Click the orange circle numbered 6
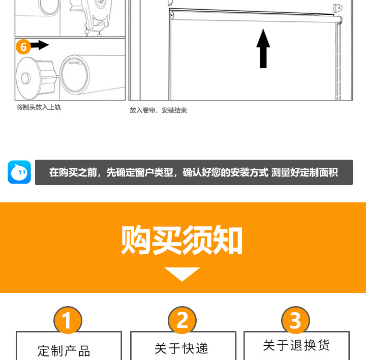pos(23,46)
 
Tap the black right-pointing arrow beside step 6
pos(40,46)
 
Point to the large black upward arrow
pos(263,49)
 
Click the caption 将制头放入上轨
pos(39,107)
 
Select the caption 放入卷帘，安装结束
pos(158,110)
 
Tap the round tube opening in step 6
pos(75,75)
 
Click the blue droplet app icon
pos(19,172)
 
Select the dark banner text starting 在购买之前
pos(194,172)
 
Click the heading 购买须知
pos(182,240)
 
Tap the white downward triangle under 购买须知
pos(182,274)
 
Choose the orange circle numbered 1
pos(68,321)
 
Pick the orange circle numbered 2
pos(182,321)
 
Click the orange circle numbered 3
pos(295,321)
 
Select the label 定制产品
pos(64,350)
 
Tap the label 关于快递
pos(181,348)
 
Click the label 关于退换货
pos(296,346)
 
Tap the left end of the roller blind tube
pos(172,16)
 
